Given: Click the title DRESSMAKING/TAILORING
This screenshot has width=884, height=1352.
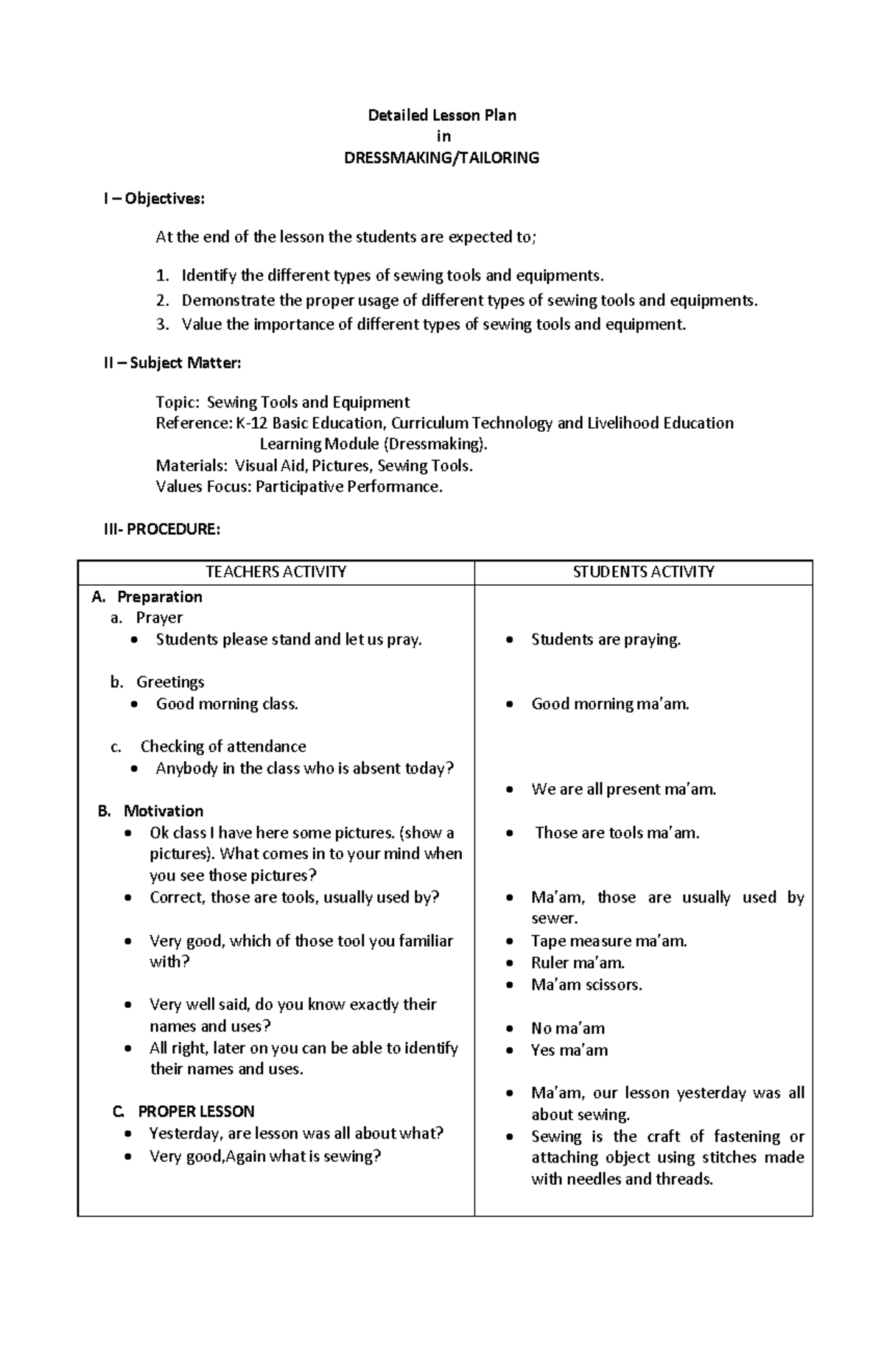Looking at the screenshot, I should coord(441,158).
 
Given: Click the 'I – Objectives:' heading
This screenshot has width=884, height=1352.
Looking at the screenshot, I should coord(154,198).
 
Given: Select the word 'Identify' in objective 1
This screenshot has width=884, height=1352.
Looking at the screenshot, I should coord(209,276).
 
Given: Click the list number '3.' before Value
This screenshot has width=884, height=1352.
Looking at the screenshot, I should coord(163,324).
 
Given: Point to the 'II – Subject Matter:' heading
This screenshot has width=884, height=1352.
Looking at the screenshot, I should coord(172,362).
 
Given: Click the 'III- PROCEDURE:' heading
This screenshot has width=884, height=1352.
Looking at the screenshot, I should coord(161,529).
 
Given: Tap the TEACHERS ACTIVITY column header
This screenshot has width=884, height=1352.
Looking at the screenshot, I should coord(276,572).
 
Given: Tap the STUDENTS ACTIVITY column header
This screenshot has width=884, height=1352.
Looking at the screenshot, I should coord(643,572).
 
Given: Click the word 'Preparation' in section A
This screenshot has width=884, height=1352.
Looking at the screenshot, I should coord(159,597).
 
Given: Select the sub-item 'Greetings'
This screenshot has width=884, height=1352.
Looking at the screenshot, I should coord(170,682).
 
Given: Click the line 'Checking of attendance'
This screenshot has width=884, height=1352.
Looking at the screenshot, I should coord(223,746).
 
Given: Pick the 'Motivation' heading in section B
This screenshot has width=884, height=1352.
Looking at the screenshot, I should coord(163,811).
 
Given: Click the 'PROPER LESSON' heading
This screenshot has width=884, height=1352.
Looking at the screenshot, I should coord(196,1111).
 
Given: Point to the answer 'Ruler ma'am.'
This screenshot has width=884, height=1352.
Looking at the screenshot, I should coord(578,962).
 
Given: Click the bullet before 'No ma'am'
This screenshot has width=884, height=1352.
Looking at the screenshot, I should coord(510,1029).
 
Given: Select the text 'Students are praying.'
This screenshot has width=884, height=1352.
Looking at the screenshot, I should coord(606,640).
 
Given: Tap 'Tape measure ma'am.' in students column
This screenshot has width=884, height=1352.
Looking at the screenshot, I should coord(608,941).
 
